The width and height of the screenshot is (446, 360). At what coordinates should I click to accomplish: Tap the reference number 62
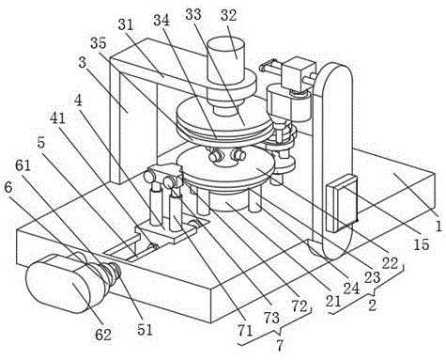click(103, 335)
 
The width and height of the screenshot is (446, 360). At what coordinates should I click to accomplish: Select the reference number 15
click(422, 243)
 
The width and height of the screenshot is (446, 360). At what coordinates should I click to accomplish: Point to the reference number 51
click(145, 329)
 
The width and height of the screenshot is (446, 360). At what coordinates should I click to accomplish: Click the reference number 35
click(98, 42)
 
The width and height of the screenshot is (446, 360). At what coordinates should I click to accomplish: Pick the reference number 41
click(57, 118)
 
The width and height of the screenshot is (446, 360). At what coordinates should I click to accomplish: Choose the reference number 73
click(271, 318)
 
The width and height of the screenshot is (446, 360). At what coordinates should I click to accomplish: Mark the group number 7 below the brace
click(280, 345)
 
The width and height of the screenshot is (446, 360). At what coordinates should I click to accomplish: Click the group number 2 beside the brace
click(373, 305)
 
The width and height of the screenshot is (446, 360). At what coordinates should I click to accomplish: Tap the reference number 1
click(438, 226)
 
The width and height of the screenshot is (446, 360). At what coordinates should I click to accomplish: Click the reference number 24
click(351, 288)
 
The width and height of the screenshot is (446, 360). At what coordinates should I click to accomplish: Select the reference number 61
click(23, 165)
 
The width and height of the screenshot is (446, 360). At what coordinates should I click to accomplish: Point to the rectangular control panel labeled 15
click(342, 204)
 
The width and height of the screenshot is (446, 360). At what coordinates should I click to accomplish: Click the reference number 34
click(161, 21)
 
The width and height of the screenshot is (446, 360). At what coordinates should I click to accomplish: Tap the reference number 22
click(390, 262)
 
